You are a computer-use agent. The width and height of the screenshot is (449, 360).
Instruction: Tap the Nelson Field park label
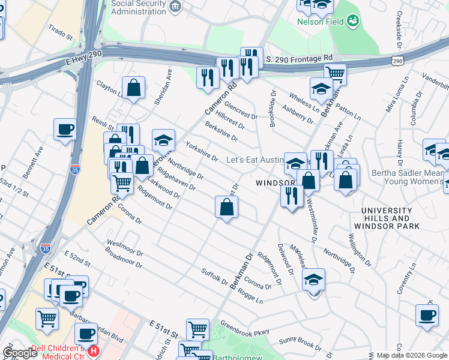click(319, 22)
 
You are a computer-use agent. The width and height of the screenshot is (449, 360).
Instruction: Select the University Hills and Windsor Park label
click(387, 218)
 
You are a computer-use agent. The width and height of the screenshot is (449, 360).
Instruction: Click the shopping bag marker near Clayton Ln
click(133, 88)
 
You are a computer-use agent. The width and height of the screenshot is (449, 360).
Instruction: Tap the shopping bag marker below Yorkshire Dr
click(227, 207)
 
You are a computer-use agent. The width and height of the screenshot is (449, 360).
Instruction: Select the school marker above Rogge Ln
click(313, 280)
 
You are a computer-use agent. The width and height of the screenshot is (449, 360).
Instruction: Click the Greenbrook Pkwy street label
click(244, 329)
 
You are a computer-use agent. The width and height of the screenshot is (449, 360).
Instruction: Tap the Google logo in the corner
click(20, 353)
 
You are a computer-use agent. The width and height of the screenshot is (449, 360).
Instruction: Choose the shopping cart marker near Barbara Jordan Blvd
click(47, 319)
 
